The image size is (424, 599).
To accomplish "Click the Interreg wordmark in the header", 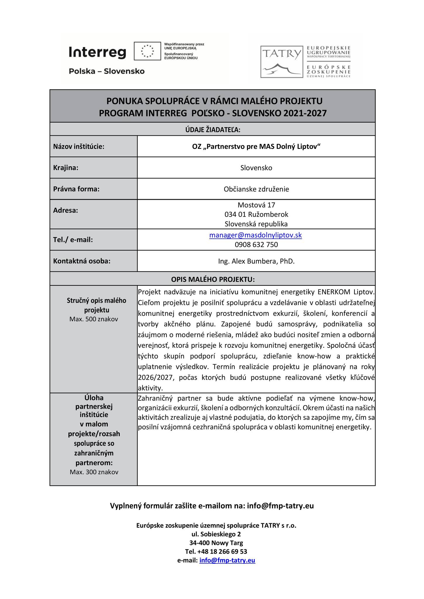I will coord(97,53).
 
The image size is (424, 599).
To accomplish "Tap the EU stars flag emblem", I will coord(147,51).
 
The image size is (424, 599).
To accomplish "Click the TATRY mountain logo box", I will coord(281,62).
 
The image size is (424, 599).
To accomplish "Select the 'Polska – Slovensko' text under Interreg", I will coord(107,71).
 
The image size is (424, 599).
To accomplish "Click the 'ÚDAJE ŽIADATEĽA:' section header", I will coord(212,129).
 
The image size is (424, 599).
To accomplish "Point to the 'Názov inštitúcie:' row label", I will coord(79,147).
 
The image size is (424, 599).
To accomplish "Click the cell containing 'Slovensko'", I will coord(256,168).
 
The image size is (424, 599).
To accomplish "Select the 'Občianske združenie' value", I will coord(256,189).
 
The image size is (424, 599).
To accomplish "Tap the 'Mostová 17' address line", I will coord(256,205).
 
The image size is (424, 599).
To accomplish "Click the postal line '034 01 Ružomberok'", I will coord(256,214).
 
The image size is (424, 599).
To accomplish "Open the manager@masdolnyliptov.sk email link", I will coord(255,235).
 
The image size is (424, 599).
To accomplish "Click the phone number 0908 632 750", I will coord(256,245).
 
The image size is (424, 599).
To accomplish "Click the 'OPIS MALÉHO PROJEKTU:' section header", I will coord(213,279).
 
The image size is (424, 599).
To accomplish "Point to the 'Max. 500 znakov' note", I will coord(94,319).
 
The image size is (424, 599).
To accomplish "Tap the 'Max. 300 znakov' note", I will coord(94,472).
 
